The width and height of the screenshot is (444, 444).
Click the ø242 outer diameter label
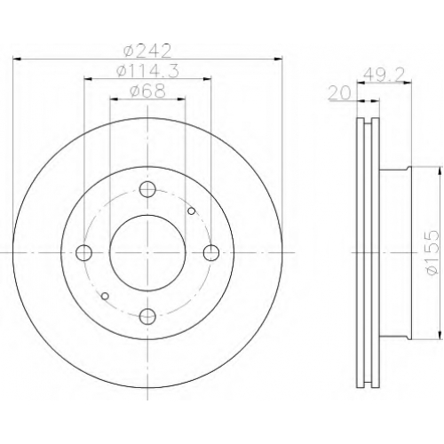pos(147,51)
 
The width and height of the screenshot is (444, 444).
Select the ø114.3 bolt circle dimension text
pos(147,71)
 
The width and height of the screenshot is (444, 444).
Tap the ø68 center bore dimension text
pos(147,91)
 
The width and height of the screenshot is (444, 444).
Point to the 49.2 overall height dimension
pos(383,75)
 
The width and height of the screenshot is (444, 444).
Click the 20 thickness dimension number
pos(339,93)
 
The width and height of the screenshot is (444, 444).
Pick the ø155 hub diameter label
pos(432,252)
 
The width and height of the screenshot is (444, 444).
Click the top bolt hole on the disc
pos(147,190)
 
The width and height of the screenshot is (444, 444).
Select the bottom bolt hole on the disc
pos(147,316)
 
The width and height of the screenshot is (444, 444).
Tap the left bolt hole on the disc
pos(83,253)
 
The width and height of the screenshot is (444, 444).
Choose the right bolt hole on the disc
pos(211,253)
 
